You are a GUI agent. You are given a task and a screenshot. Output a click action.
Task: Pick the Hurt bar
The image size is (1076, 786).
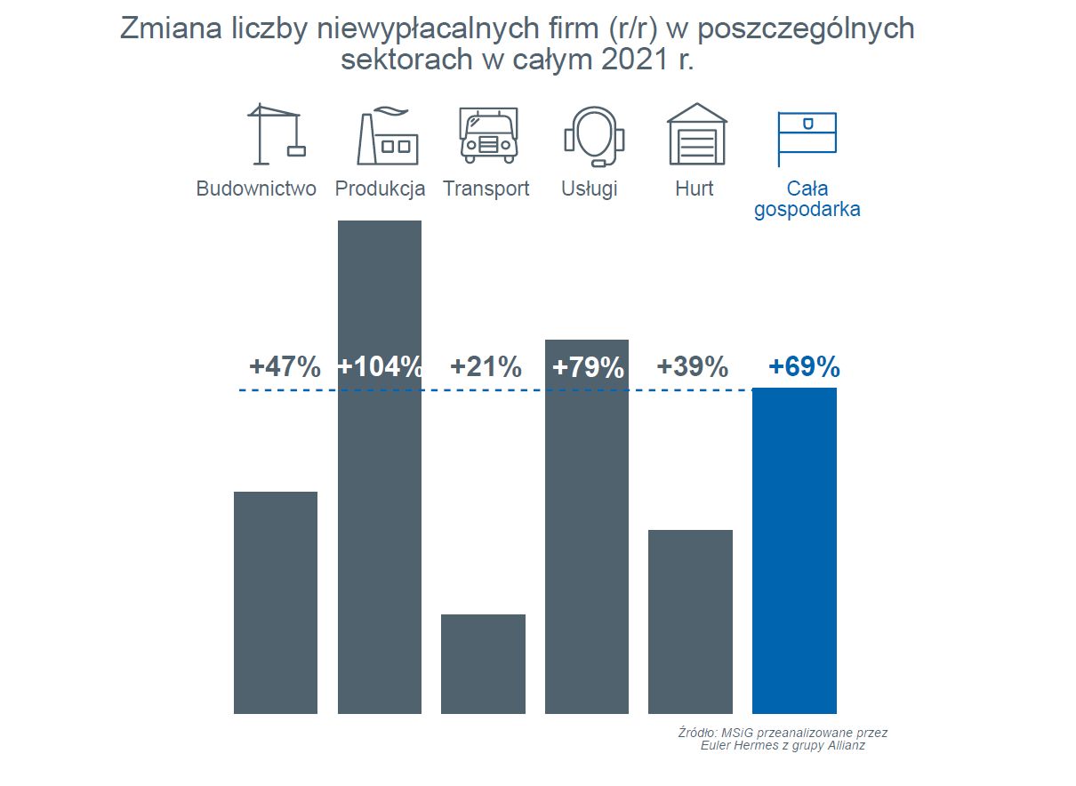click(690, 622)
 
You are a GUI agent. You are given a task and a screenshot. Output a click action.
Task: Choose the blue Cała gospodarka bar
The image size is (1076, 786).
click(794, 550)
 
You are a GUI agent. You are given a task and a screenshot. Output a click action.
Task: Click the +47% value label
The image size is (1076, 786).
click(285, 367)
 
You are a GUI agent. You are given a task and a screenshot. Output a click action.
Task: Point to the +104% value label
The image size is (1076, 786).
click(380, 367)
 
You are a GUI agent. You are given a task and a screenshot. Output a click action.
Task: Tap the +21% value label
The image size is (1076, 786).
click(486, 367)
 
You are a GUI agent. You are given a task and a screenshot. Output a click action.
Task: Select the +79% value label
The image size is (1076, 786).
click(588, 367)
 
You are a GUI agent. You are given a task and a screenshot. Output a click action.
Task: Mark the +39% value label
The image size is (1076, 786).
click(692, 367)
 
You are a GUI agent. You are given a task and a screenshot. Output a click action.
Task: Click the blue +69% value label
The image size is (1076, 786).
click(804, 367)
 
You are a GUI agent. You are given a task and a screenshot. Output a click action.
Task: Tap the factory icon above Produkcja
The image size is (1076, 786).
click(386, 136)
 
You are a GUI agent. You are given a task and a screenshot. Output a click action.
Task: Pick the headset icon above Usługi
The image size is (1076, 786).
click(593, 136)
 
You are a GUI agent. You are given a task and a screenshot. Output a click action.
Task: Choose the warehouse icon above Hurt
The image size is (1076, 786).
click(697, 134)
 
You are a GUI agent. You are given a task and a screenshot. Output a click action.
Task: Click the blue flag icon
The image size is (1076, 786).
click(806, 138)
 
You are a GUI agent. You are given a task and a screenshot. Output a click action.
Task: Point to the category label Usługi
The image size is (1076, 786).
click(590, 188)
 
